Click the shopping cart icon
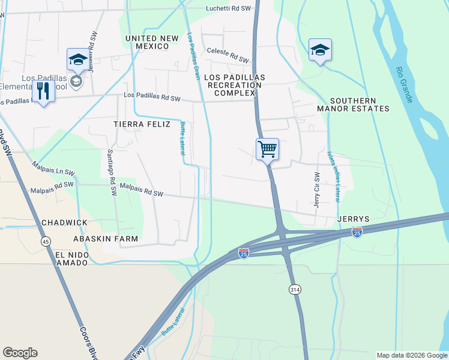click(x=267, y=148)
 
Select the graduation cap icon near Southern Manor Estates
click(x=320, y=50)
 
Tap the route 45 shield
click(x=46, y=241)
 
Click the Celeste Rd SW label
click(x=228, y=55)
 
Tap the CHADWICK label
click(x=64, y=223)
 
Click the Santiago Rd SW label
click(x=112, y=173)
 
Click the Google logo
click(x=20, y=353)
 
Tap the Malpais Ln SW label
click(x=53, y=167)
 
